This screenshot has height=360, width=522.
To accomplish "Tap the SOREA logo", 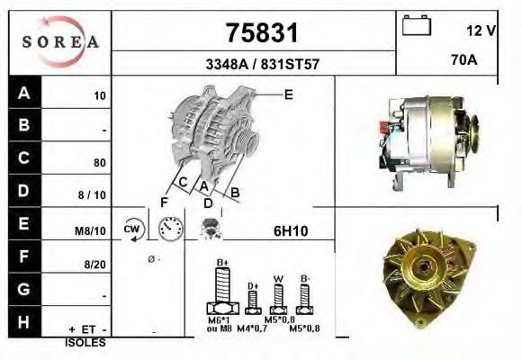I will click(59, 41).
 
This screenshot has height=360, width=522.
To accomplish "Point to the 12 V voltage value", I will click(481, 30).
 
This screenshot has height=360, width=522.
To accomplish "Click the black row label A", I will click(24, 94).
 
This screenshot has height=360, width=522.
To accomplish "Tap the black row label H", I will click(24, 321).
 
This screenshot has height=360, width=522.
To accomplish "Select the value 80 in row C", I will click(100, 163).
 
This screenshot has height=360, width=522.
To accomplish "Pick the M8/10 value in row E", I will click(91, 231).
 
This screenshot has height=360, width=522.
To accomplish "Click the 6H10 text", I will click(291, 231).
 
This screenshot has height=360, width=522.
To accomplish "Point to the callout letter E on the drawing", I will click(289, 94).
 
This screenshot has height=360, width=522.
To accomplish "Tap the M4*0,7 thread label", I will click(253, 330).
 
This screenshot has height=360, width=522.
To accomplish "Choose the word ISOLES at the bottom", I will click(85, 343).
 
